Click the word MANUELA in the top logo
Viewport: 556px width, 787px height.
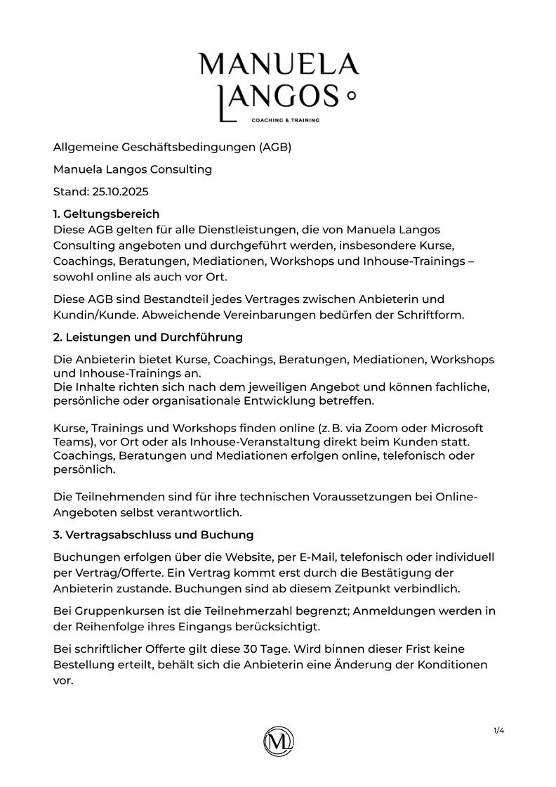[x=279, y=64]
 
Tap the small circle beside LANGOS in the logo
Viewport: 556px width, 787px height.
[x=352, y=96]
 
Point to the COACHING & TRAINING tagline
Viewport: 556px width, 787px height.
[x=285, y=120]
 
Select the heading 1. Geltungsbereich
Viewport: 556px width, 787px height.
[x=106, y=214]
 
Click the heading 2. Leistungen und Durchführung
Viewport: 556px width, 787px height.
[x=148, y=337]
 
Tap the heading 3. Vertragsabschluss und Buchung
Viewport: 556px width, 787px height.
[x=153, y=535]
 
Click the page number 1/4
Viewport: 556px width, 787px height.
[x=499, y=731]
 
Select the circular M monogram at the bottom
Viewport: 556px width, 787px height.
[x=279, y=741]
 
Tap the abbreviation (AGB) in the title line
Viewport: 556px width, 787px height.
[x=274, y=147]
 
